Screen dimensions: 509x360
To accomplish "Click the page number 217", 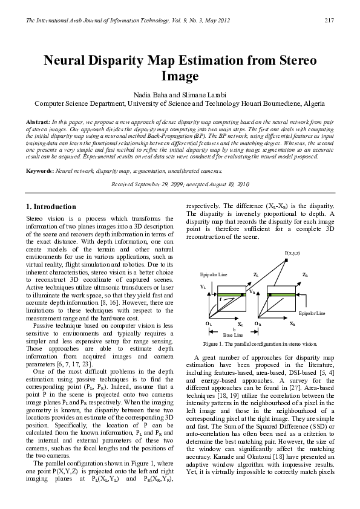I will (x=330, y=21).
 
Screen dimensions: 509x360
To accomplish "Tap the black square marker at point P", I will (x=287, y=260).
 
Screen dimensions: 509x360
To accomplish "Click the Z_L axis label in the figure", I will (x=256, y=274).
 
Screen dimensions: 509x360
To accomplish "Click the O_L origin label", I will (x=208, y=324).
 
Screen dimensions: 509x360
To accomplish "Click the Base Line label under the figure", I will (x=233, y=334).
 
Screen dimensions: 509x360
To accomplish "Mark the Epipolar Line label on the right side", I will (x=312, y=313).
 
